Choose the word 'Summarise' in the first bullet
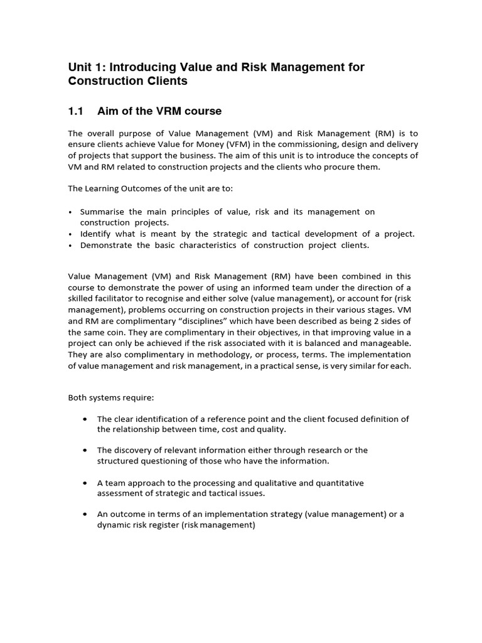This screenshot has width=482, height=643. tap(102, 212)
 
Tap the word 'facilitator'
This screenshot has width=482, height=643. tap(122, 299)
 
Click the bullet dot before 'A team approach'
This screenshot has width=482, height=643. tap(84, 483)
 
